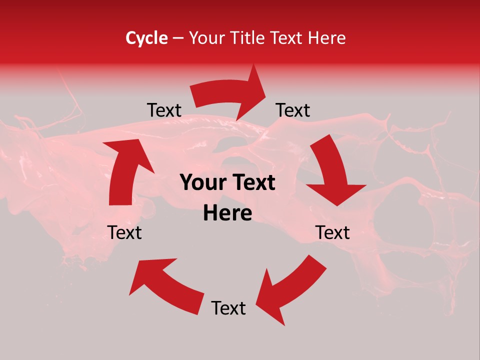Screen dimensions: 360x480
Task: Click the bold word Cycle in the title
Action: click(x=146, y=38)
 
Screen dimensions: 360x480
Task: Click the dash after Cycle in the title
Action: click(x=178, y=38)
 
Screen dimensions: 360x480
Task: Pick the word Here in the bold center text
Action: click(x=227, y=213)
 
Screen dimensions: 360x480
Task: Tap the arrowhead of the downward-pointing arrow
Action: click(x=336, y=193)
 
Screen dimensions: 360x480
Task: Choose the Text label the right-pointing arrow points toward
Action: click(x=293, y=110)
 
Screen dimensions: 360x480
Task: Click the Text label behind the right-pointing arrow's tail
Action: click(x=164, y=110)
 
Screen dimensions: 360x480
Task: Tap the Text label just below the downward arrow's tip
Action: click(x=332, y=232)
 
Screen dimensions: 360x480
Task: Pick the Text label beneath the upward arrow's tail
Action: click(x=125, y=232)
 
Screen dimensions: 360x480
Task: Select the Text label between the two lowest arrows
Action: click(x=228, y=308)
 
